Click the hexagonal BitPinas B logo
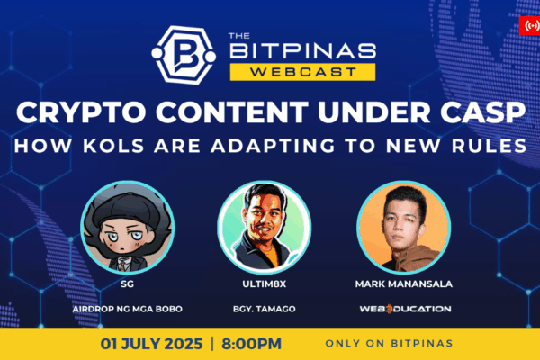(x=184, y=55)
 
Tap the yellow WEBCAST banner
(x=302, y=72)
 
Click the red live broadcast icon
(x=530, y=25)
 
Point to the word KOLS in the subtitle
(x=113, y=146)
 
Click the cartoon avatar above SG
(x=128, y=228)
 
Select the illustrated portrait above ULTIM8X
(x=264, y=228)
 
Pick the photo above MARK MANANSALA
(x=403, y=228)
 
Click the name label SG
(x=127, y=283)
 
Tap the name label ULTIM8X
(x=264, y=283)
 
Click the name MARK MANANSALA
(x=403, y=283)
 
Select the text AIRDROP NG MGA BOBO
(x=128, y=309)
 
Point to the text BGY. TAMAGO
(x=264, y=309)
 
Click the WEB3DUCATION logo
(x=405, y=309)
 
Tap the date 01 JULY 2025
(x=151, y=344)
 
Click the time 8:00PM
(x=251, y=344)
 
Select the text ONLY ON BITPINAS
(x=389, y=344)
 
